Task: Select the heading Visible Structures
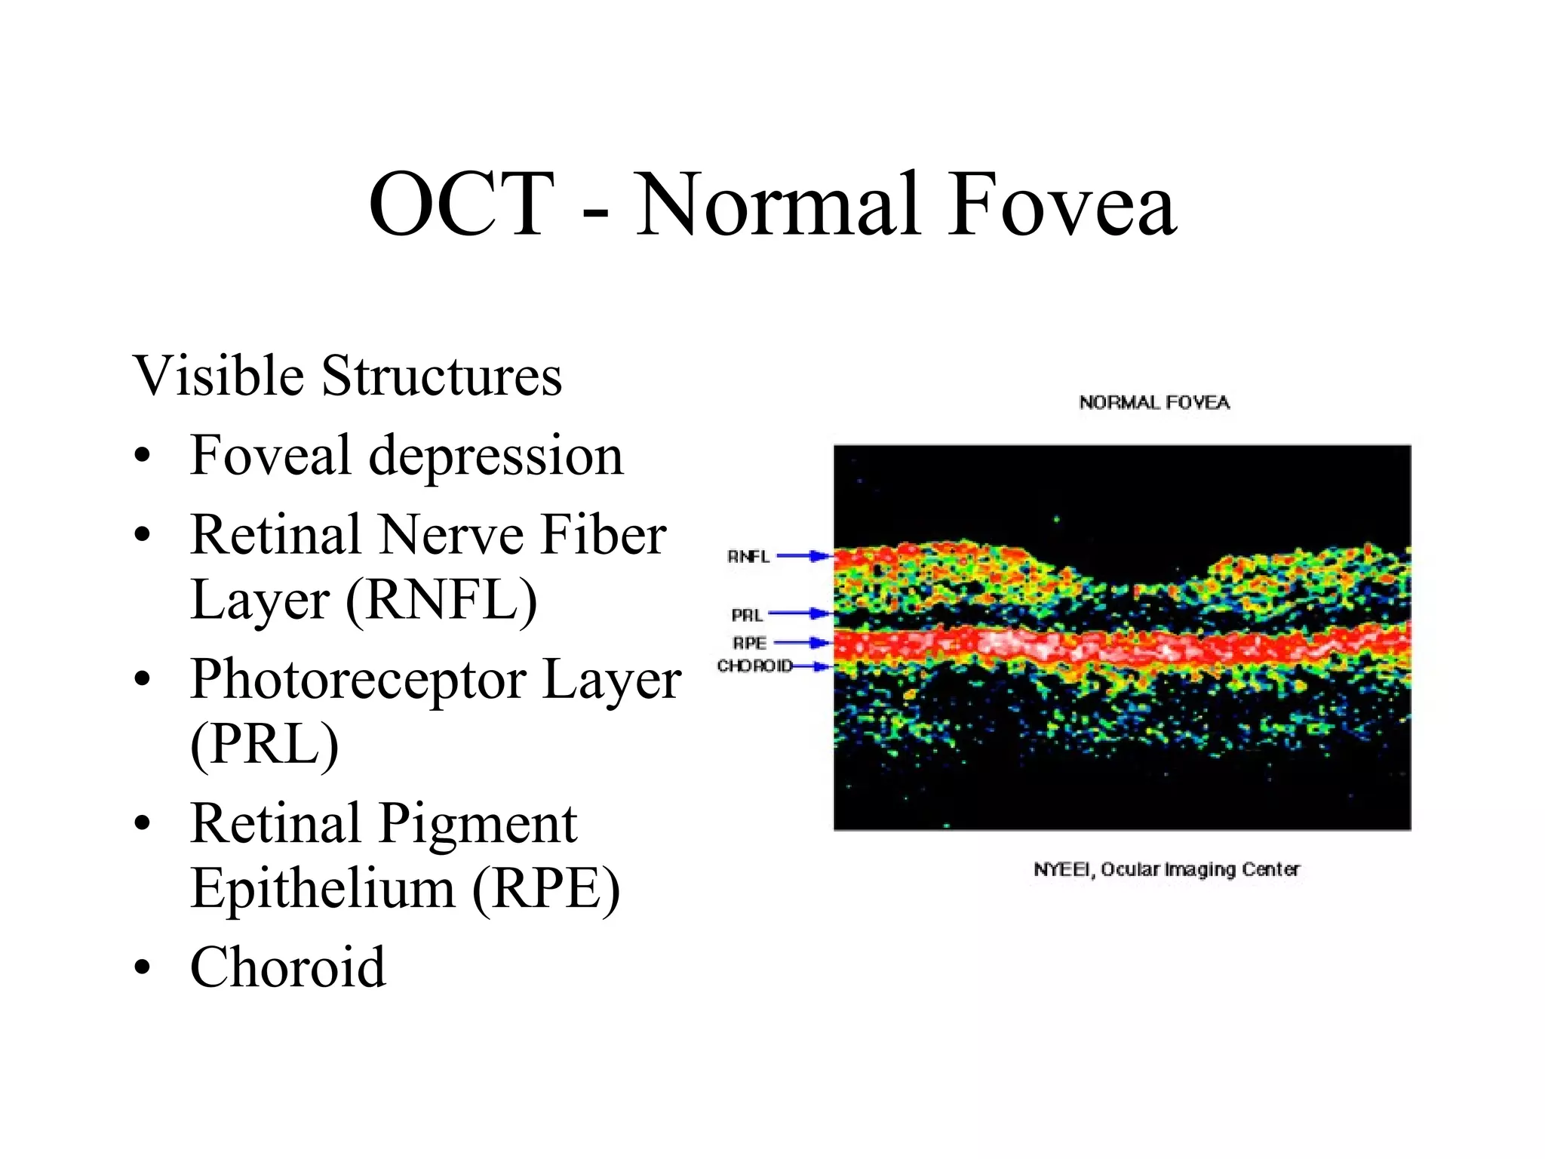[347, 376]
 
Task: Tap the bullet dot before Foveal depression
[143, 457]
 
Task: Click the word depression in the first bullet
[496, 457]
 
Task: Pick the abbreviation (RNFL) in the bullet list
[441, 601]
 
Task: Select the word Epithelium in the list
[323, 889]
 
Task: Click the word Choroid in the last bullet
[287, 967]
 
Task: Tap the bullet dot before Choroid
[143, 968]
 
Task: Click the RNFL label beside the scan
[748, 557]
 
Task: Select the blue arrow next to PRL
[800, 613]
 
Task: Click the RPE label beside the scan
[749, 643]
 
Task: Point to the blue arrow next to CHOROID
[812, 666]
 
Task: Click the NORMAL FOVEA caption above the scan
[1153, 403]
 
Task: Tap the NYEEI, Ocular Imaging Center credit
[1166, 869]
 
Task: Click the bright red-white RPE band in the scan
[1056, 646]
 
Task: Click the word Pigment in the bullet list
[477, 824]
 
